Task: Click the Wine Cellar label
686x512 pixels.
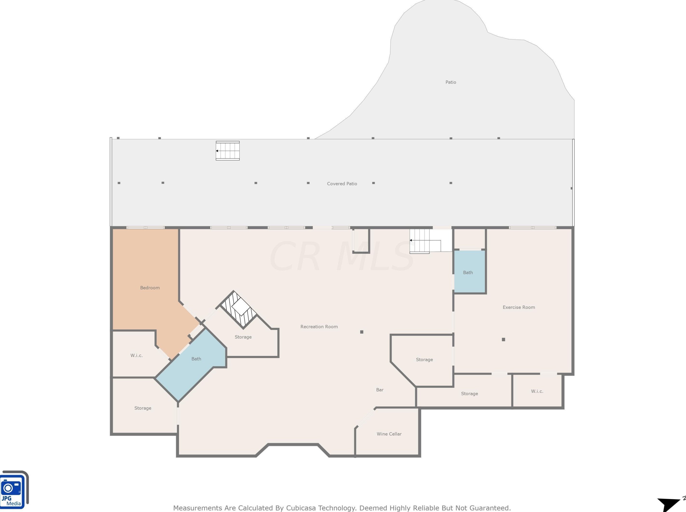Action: pos(389,434)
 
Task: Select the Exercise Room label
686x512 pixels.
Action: pos(518,307)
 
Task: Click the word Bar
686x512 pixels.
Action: pos(380,390)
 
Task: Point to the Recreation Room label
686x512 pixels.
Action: pos(319,327)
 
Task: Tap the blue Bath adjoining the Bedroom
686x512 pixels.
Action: pos(196,359)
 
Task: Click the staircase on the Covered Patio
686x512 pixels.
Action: pos(228,151)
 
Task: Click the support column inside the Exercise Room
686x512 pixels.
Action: pos(503,339)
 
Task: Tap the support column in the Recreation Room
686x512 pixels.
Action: pos(362,332)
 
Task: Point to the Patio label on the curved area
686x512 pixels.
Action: pos(450,82)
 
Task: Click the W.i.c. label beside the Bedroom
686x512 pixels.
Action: pos(136,355)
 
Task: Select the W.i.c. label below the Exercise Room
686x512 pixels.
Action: pos(537,391)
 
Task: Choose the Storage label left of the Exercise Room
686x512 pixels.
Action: pos(424,360)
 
